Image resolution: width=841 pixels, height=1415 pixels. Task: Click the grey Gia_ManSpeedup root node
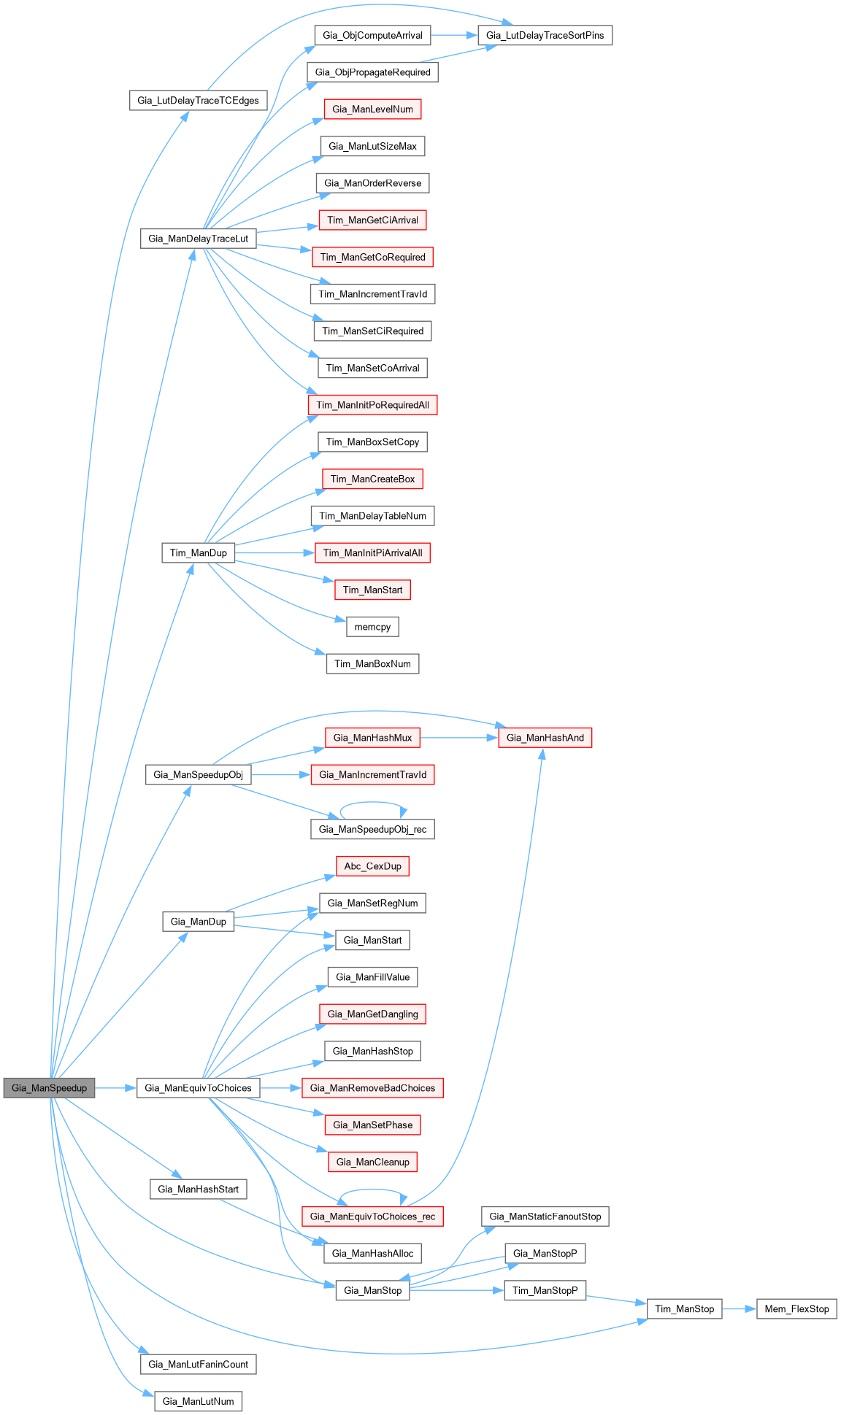click(x=49, y=1088)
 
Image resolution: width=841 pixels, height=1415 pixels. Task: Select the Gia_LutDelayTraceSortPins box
click(x=545, y=35)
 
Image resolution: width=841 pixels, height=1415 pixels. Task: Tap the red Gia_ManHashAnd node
click(x=545, y=738)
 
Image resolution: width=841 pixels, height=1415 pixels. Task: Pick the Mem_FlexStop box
click(x=796, y=1309)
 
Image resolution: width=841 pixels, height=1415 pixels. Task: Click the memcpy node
click(x=372, y=627)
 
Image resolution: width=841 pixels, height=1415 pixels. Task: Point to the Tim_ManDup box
click(x=198, y=553)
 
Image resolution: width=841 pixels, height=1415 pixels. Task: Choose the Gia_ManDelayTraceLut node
click(x=198, y=239)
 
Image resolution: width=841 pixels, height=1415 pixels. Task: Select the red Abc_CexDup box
click(x=372, y=866)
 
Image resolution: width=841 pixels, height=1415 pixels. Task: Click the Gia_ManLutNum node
click(x=198, y=1402)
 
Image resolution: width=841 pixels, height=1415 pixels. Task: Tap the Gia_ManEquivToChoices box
click(x=198, y=1088)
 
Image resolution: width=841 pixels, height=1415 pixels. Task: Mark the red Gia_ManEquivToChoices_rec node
click(x=372, y=1217)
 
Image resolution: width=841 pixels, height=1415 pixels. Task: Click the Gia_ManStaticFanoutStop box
click(x=545, y=1217)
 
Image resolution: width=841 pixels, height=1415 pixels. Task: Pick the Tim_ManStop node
click(x=684, y=1309)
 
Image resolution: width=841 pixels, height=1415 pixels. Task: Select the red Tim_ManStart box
click(x=372, y=590)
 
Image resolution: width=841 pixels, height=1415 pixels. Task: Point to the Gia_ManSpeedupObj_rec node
click(x=372, y=829)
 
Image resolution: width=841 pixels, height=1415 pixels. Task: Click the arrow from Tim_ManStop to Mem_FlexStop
click(x=739, y=1309)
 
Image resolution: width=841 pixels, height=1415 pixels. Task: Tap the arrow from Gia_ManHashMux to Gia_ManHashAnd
click(x=459, y=738)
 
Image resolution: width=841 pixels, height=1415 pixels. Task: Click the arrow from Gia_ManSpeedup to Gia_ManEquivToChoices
click(x=116, y=1088)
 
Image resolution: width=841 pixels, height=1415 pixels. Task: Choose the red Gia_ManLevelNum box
click(x=372, y=109)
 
